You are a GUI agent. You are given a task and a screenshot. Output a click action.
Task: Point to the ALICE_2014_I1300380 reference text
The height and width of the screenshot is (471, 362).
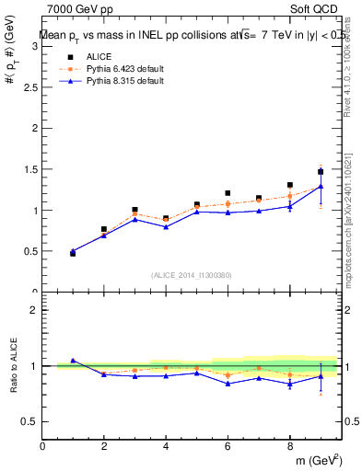click(191, 275)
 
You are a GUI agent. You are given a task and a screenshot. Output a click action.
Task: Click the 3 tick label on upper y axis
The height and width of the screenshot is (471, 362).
click(34, 47)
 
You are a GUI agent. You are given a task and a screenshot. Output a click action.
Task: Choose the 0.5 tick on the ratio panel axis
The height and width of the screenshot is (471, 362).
click(29, 421)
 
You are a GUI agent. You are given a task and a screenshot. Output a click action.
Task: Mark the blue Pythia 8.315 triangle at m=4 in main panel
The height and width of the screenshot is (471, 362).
click(166, 227)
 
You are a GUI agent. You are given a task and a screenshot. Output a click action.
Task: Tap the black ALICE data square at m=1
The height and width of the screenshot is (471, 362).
click(73, 253)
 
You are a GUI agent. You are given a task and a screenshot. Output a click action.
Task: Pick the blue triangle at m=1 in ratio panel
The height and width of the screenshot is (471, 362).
click(73, 361)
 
